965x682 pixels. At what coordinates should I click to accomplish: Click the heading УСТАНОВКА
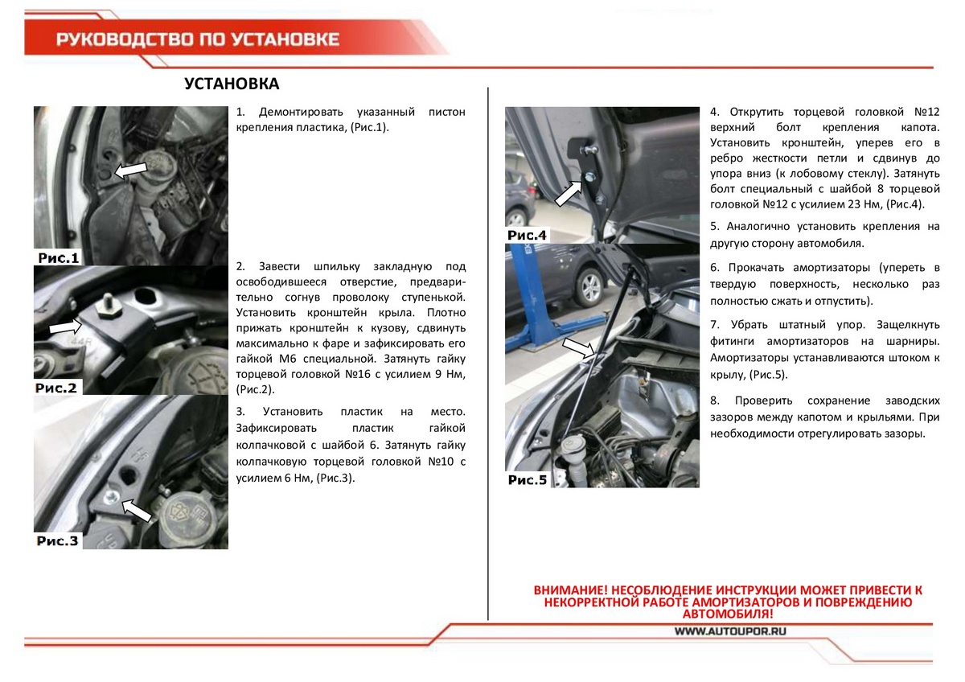click(x=232, y=84)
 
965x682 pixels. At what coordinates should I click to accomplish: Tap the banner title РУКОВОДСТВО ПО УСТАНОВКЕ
click(x=197, y=39)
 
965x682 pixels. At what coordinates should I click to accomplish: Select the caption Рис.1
click(x=59, y=258)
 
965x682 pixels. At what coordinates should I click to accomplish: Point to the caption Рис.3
click(x=59, y=540)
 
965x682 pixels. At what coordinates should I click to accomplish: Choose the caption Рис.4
click(x=527, y=235)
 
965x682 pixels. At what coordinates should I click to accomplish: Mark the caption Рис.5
click(x=527, y=480)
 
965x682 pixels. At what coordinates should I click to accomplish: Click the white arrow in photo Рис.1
click(x=130, y=169)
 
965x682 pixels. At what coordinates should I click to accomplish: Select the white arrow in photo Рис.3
click(x=138, y=510)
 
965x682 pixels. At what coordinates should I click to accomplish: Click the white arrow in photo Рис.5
click(x=579, y=347)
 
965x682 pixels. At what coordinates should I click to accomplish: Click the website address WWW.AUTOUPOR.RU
click(x=729, y=632)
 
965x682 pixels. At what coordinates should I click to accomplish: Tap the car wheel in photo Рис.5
click(x=589, y=288)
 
